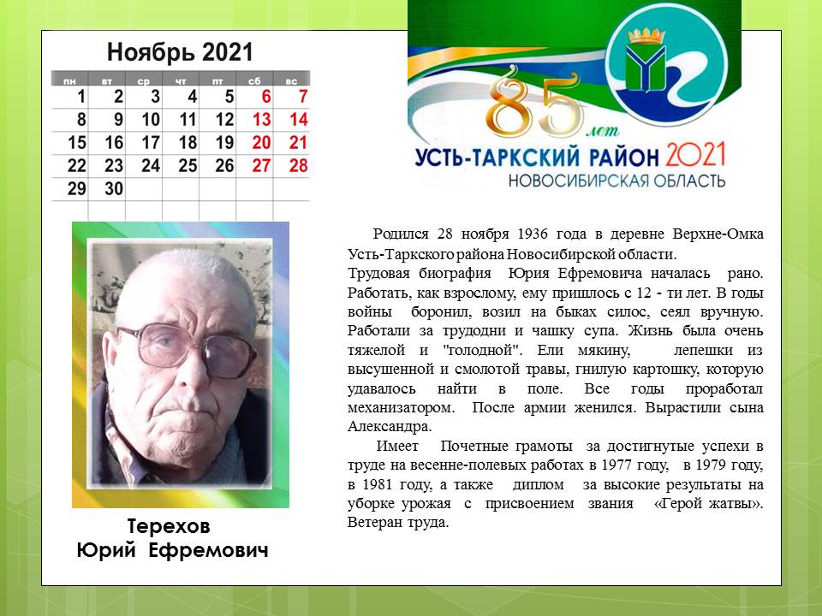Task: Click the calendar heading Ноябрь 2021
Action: click(x=180, y=52)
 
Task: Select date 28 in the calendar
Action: click(x=298, y=165)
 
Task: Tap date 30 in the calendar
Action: click(x=114, y=188)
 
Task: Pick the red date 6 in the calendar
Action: click(x=266, y=97)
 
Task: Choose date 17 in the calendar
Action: click(x=151, y=143)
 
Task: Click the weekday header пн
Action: click(x=69, y=81)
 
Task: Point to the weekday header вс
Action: click(x=291, y=81)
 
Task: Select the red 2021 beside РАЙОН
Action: click(x=695, y=155)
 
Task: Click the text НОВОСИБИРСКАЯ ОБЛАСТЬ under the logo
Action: click(x=616, y=181)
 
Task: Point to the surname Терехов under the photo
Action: click(x=169, y=526)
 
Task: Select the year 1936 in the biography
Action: click(x=532, y=234)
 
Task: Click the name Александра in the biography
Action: click(x=389, y=427)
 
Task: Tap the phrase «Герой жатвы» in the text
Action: click(x=709, y=503)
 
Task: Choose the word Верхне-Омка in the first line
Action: click(x=718, y=234)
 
